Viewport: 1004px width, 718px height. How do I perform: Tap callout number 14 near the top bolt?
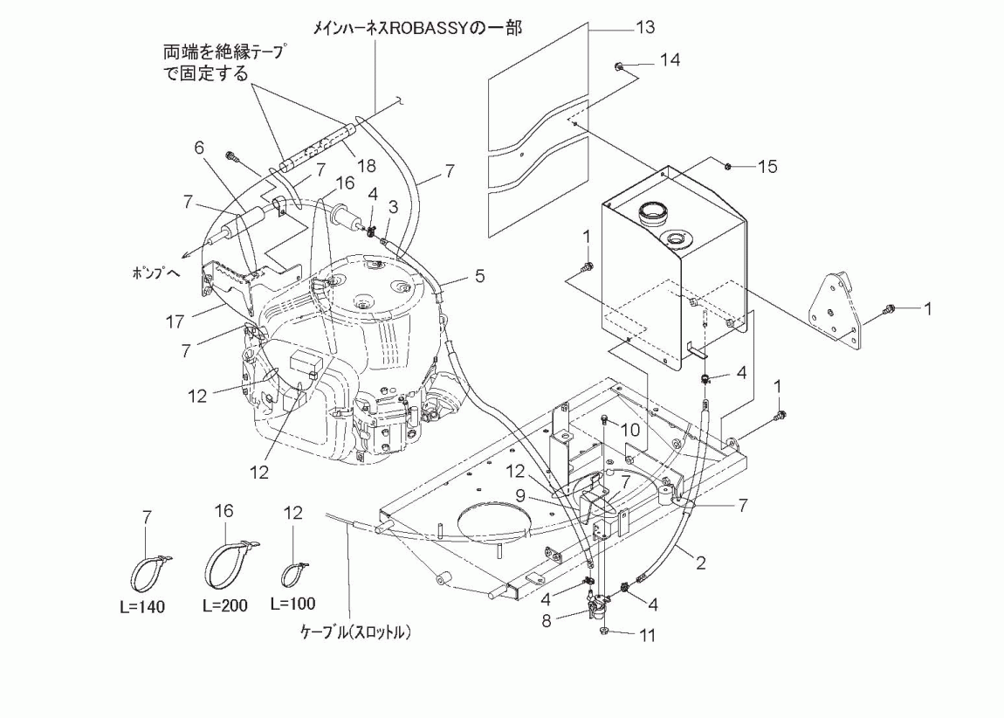coord(670,60)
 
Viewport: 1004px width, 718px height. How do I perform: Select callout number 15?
coord(767,165)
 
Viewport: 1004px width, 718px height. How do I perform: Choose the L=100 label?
coord(293,604)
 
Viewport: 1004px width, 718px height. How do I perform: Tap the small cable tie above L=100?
coord(295,572)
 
